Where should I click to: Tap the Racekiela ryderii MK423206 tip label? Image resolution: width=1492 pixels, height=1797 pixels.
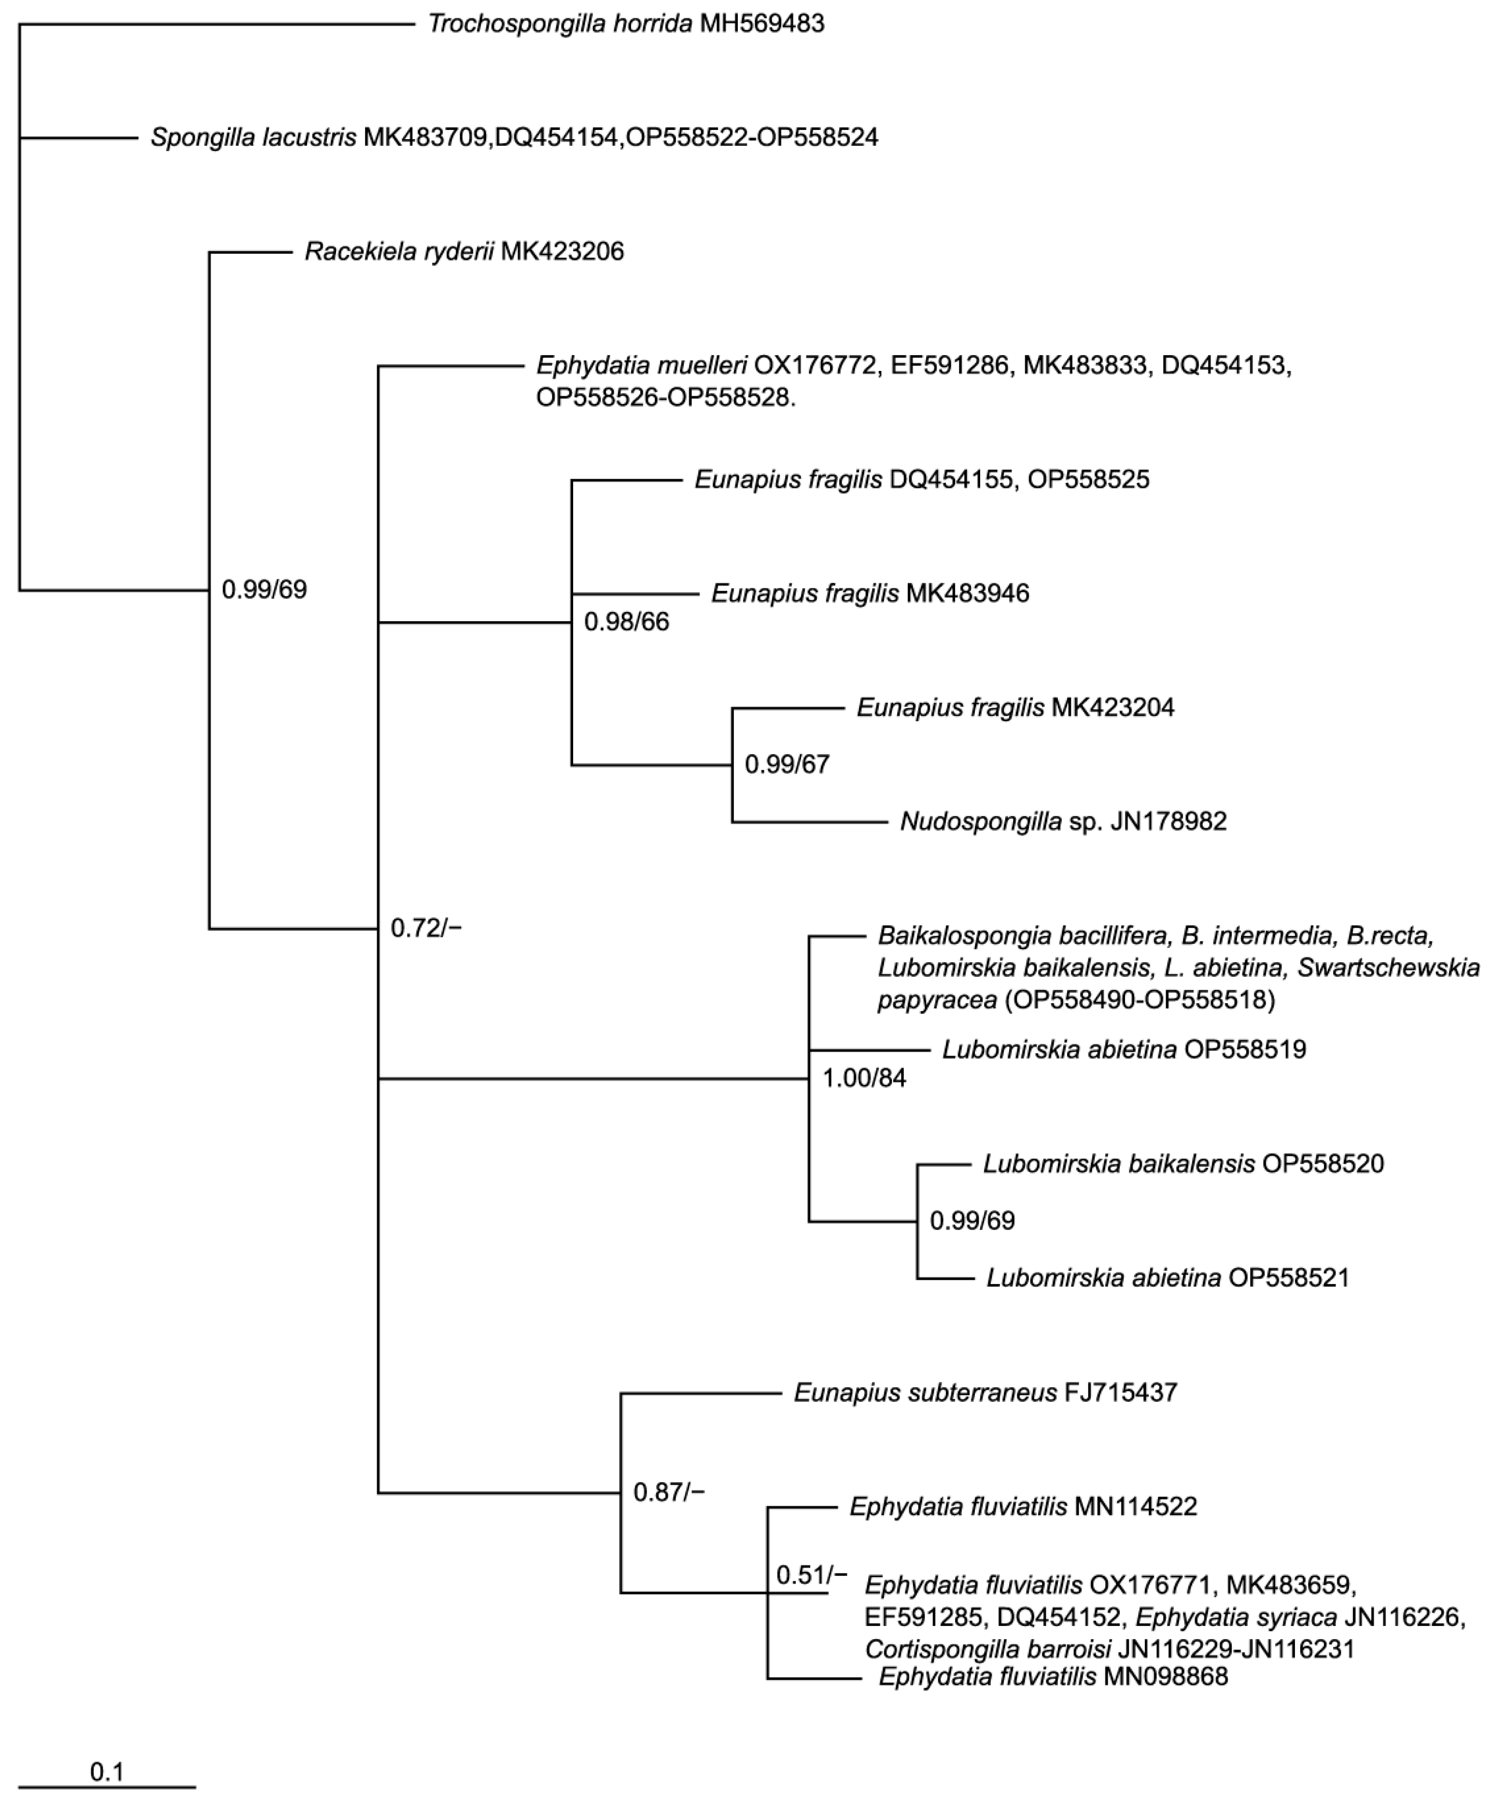point(464,252)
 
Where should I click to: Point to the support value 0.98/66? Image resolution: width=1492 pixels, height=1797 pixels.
point(626,622)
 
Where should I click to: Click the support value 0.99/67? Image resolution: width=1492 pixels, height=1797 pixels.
point(787,764)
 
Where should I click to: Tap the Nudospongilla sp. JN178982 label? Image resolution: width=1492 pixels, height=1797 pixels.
point(1063,822)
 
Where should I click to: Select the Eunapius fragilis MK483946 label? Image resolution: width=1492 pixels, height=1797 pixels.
point(870,593)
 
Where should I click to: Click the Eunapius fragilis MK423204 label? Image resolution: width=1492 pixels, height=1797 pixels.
point(1015,708)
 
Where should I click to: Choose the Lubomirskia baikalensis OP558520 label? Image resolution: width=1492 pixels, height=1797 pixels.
point(1183,1164)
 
